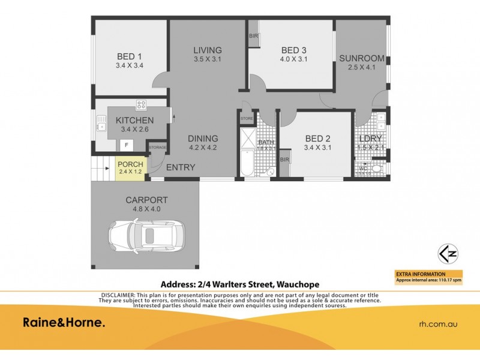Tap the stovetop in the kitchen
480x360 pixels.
(142, 105)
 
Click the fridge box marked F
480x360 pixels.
(127, 145)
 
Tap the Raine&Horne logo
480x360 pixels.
(64, 323)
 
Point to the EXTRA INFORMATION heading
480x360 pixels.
(421, 274)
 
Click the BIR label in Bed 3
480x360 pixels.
(254, 36)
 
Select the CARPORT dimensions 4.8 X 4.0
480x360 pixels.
(146, 209)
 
